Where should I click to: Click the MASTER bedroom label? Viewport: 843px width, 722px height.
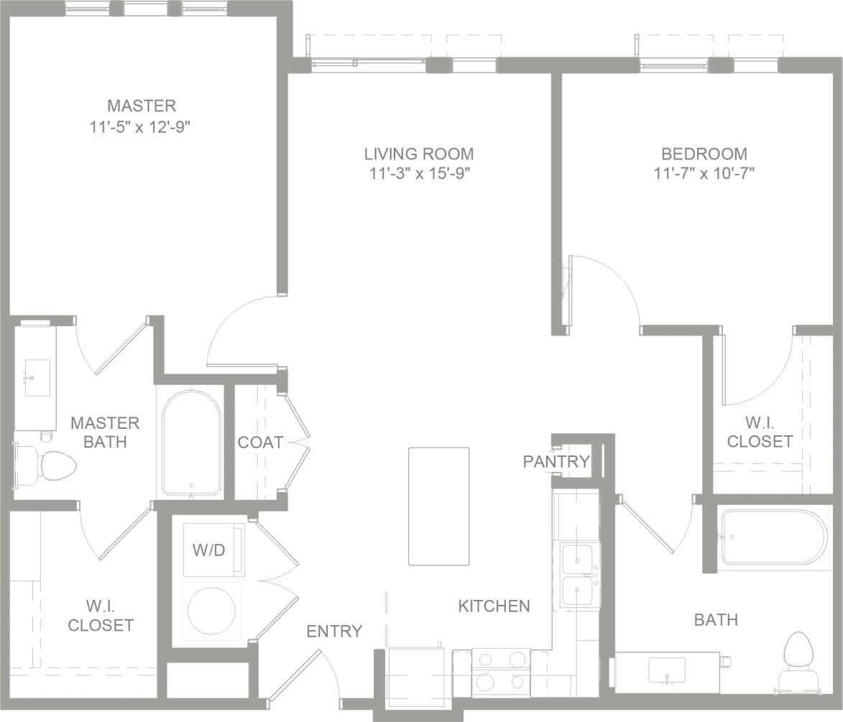pos(142,106)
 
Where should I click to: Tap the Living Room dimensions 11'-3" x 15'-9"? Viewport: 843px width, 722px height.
pos(419,173)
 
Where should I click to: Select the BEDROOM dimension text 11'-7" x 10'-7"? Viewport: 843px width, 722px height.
pos(704,173)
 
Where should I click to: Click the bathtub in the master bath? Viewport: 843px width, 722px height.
pos(191,443)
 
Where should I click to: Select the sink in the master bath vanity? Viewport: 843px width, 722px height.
pos(37,378)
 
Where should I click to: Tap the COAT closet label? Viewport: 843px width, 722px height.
pos(260,443)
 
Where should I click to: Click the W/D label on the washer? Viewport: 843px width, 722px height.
pos(209,550)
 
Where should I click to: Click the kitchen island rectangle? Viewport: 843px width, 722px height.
pos(438,506)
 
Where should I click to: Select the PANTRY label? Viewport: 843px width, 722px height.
pos(556,461)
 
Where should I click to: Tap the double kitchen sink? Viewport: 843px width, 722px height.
pos(578,575)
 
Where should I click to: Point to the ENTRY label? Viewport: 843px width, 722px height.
pos(334,631)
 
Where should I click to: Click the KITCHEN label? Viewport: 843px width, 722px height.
pos(494,606)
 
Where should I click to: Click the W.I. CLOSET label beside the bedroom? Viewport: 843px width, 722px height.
pos(760,432)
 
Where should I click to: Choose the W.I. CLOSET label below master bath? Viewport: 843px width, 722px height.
pos(101,616)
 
